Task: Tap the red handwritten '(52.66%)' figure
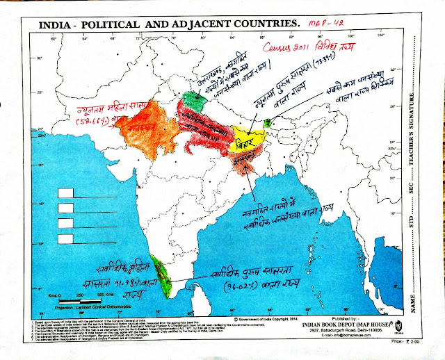click(x=104, y=123)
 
